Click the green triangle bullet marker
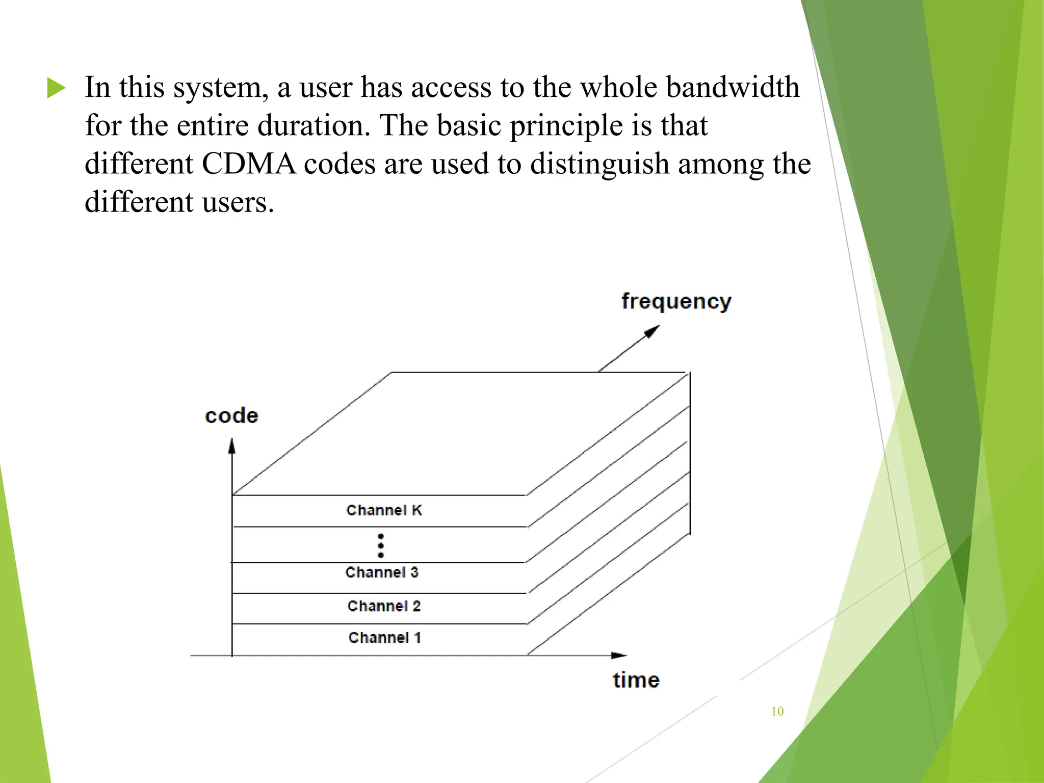[x=56, y=88]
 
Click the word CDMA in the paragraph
[x=249, y=164]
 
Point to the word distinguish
[x=599, y=164]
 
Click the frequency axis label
[x=676, y=301]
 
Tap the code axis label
[x=231, y=415]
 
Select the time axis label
[x=636, y=680]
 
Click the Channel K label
[x=384, y=510]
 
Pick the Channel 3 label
[x=382, y=572]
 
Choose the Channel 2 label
[x=384, y=606]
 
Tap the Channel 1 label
[x=384, y=638]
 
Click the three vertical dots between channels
[x=381, y=545]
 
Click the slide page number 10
[x=777, y=711]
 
